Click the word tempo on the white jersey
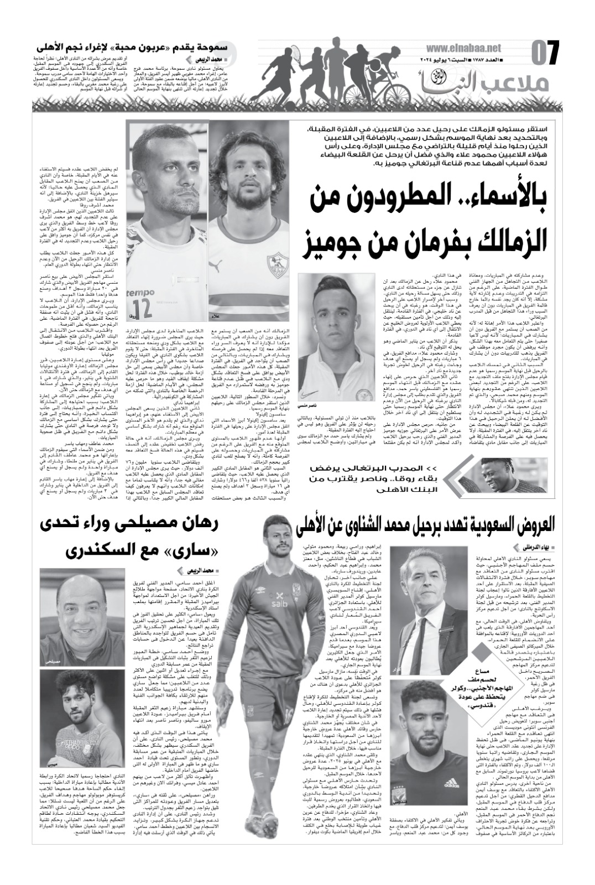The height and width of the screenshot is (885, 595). coord(139,291)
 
